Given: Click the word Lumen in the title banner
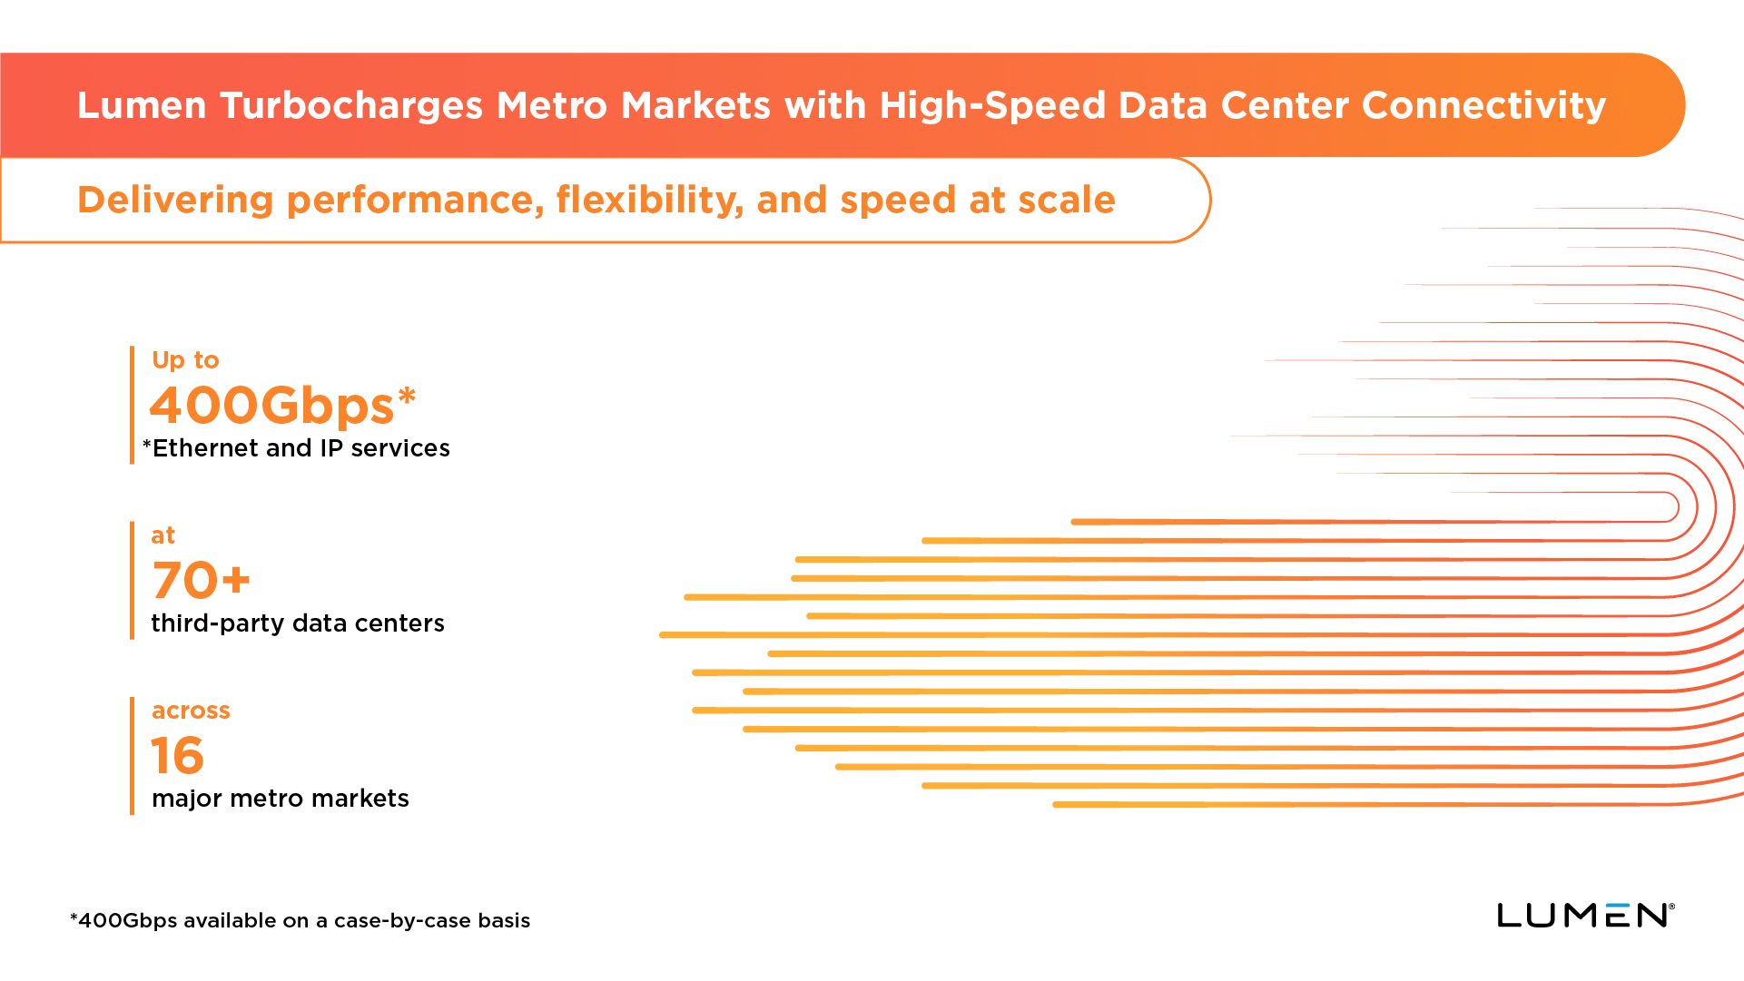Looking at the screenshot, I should pyautogui.click(x=142, y=105).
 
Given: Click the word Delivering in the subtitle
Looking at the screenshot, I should pyautogui.click(x=175, y=200).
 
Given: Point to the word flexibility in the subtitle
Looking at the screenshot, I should pyautogui.click(x=649, y=200).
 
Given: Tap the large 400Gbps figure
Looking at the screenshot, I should pyautogui.click(x=271, y=405).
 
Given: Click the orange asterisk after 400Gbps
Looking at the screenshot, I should pyautogui.click(x=407, y=396).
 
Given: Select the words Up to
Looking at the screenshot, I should pyautogui.click(x=185, y=360).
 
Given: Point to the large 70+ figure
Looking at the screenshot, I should pyautogui.click(x=201, y=580).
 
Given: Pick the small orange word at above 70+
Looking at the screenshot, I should pyautogui.click(x=163, y=535).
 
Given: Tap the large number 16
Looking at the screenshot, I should pyautogui.click(x=178, y=755).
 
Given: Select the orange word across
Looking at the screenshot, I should pyautogui.click(x=191, y=711).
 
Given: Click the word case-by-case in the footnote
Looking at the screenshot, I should pyautogui.click(x=403, y=920).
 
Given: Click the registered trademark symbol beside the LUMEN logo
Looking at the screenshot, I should pyautogui.click(x=1671, y=907).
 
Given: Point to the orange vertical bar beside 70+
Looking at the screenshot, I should pyautogui.click(x=133, y=580).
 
